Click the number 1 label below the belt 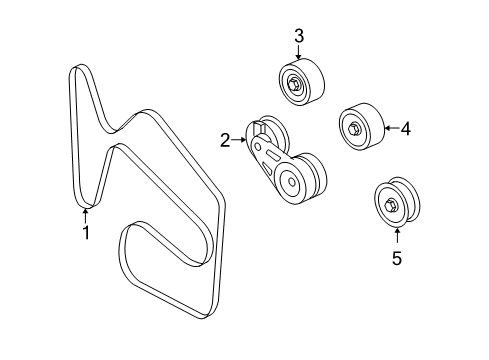[x=86, y=233]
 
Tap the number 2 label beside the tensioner [x=226, y=142]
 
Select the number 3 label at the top [x=298, y=37]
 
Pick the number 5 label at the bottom [x=396, y=260]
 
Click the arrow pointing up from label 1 [x=86, y=213]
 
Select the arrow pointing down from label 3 [x=298, y=55]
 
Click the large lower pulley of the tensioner [x=297, y=181]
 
